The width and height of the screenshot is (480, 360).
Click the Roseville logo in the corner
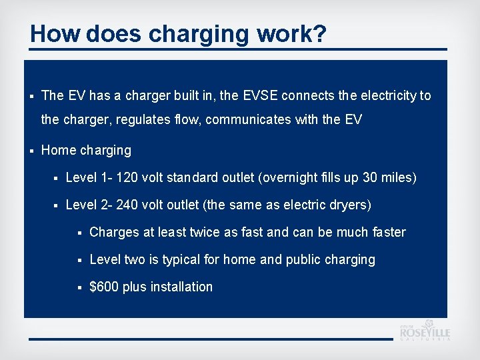pyautogui.click(x=425, y=331)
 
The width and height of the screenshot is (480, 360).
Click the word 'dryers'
pyautogui.click(x=349, y=205)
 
